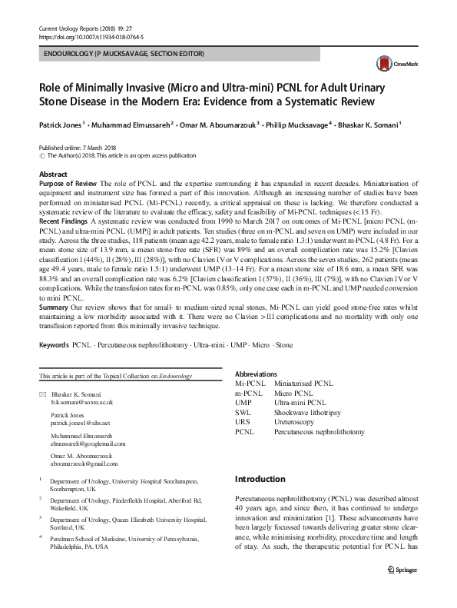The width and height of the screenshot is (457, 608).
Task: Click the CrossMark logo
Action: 392,65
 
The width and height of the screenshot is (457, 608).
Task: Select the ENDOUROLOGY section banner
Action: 123,55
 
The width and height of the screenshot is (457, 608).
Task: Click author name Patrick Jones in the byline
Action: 62,122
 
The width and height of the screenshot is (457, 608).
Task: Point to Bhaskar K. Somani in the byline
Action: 375,122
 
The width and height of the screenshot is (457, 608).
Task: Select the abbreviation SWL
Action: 243,413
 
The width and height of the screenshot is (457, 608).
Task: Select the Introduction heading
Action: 260,479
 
